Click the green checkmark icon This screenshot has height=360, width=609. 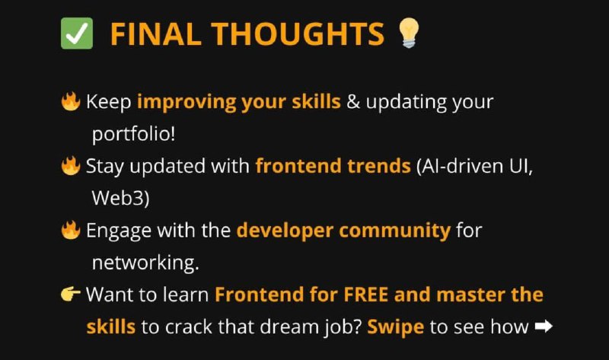(77, 33)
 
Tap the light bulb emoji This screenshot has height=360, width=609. (409, 33)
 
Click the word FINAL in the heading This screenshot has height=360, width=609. (156, 34)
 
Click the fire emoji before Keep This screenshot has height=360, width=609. (71, 101)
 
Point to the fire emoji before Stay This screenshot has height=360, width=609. (71, 166)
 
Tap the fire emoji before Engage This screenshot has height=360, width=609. (71, 230)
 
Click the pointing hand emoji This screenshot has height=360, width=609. (71, 294)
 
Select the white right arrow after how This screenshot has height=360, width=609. (544, 327)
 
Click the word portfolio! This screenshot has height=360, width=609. (134, 135)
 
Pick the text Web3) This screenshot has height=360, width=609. (120, 198)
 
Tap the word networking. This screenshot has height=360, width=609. (145, 263)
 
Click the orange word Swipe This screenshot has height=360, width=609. (395, 327)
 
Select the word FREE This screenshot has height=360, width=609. (365, 295)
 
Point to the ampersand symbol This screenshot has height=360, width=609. (353, 102)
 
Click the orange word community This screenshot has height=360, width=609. (394, 231)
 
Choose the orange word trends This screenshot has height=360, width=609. (378, 166)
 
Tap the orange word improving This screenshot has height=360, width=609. (187, 103)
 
